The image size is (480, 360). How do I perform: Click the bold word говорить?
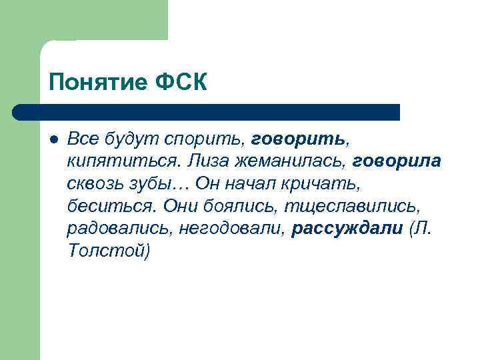(299, 139)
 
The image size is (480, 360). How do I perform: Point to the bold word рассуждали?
(347, 229)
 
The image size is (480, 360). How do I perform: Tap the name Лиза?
(208, 161)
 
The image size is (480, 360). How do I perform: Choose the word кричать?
(328, 184)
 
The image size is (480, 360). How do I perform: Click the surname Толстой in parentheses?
(109, 252)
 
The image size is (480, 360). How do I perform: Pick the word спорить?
(211, 139)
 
